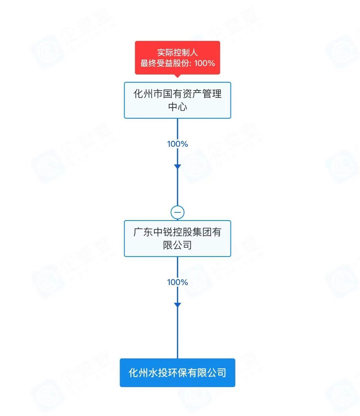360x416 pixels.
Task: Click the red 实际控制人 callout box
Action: pyautogui.click(x=177, y=57)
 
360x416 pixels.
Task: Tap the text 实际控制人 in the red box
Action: pyautogui.click(x=177, y=52)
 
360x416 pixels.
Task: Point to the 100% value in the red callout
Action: pyautogui.click(x=205, y=63)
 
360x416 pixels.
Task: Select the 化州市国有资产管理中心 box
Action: pyautogui.click(x=177, y=100)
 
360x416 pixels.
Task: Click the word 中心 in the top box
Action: pyautogui.click(x=177, y=107)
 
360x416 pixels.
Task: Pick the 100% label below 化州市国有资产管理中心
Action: pyautogui.click(x=177, y=144)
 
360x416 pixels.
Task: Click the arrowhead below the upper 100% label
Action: pyautogui.click(x=177, y=166)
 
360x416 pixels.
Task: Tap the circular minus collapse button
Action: pyautogui.click(x=177, y=213)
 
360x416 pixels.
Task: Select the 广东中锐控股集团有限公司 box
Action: pyautogui.click(x=177, y=238)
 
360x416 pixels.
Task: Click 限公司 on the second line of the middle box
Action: pyautogui.click(x=177, y=245)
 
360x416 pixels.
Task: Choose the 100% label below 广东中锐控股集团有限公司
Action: pyautogui.click(x=177, y=282)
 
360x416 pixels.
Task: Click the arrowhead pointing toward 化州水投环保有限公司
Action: pyautogui.click(x=177, y=305)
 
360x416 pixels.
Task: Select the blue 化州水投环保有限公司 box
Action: pyautogui.click(x=177, y=373)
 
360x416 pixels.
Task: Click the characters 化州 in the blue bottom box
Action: pyautogui.click(x=138, y=373)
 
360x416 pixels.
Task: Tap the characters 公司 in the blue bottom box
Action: pyautogui.click(x=216, y=373)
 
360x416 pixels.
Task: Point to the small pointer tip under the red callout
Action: pyautogui.click(x=177, y=76)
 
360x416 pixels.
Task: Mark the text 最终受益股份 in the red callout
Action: pyautogui.click(x=165, y=63)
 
